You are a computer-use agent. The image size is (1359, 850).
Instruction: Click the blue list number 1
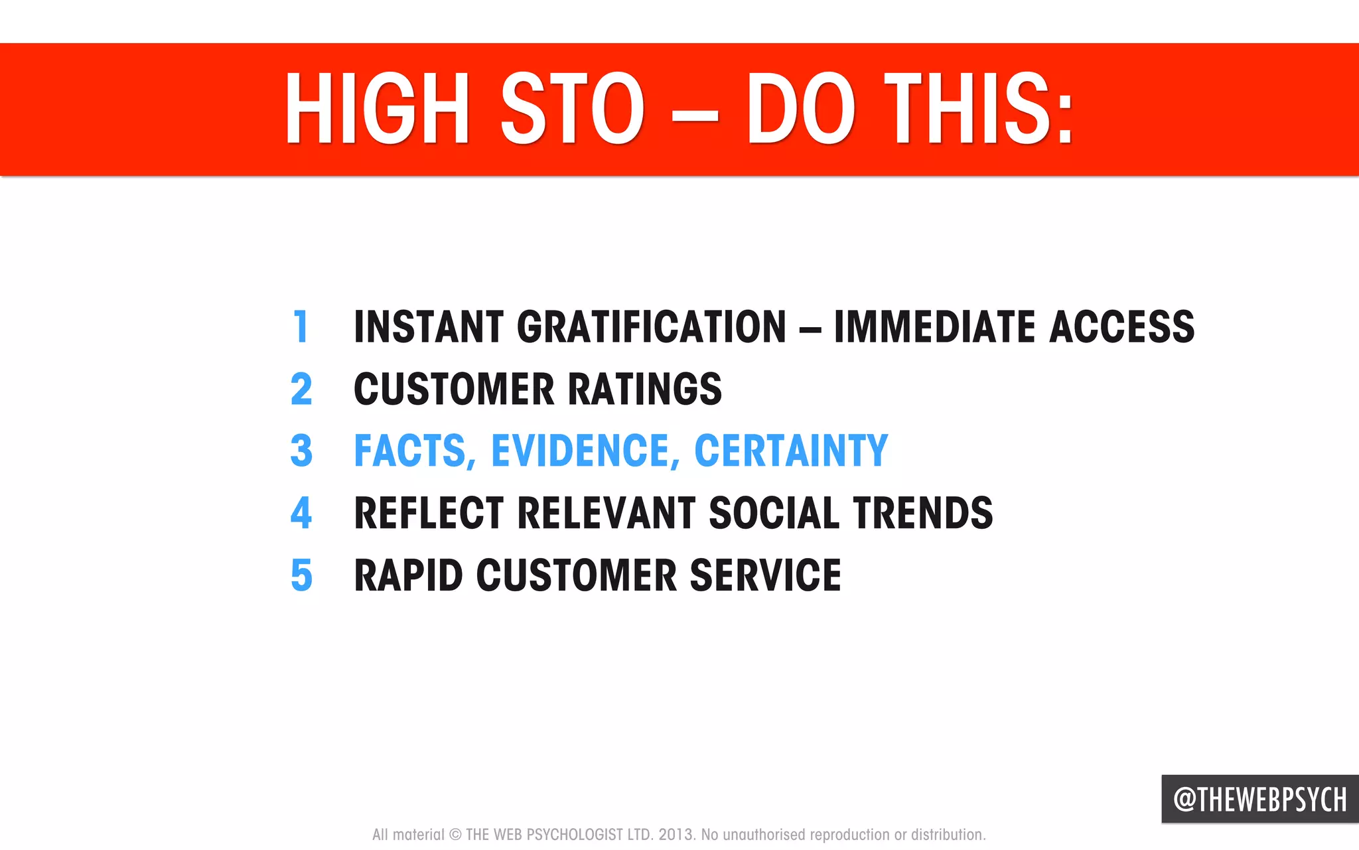pos(301,326)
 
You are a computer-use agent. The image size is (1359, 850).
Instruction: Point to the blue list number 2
pos(301,389)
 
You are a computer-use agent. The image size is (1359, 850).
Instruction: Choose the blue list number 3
pos(301,451)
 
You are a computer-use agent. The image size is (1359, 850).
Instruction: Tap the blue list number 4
pos(301,513)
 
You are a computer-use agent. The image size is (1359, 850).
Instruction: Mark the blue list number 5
pos(301,575)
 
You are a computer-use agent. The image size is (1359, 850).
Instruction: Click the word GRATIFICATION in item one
pos(652,326)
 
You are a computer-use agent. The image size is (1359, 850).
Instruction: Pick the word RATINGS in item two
pos(644,389)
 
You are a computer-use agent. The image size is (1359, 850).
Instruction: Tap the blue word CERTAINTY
pos(790,451)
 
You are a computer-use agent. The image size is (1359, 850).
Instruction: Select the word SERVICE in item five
pos(765,575)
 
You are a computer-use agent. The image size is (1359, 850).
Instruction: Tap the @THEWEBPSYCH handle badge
pos(1259,799)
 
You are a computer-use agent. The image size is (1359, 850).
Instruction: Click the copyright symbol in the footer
pos(455,835)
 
